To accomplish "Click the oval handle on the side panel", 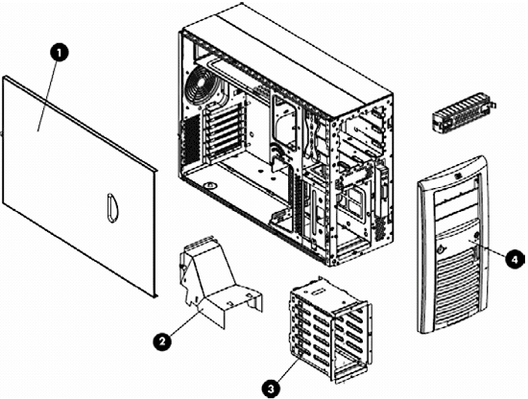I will coord(109,206).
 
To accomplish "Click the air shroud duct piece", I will coord(213,278).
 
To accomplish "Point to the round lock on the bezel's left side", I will coord(437,247).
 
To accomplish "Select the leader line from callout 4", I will coord(495,254).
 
